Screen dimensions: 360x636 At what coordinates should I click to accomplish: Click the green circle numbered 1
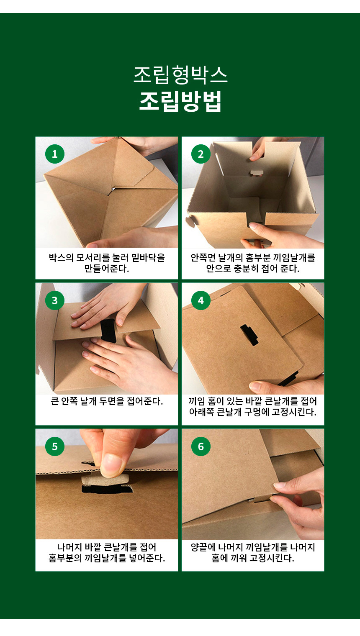[x=55, y=154]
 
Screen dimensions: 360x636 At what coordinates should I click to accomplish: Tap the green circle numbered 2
[x=201, y=154]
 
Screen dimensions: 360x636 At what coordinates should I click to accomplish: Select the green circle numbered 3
[x=55, y=300]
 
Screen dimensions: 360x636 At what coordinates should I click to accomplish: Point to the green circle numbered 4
[x=201, y=300]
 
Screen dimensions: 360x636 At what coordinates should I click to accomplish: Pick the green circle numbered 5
[x=55, y=446]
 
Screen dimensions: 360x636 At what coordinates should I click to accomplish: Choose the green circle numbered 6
[x=201, y=446]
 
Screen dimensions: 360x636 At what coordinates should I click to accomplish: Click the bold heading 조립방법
[x=180, y=101]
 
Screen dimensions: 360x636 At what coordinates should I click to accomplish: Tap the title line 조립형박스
[x=180, y=75]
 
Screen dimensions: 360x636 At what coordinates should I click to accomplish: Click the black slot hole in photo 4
[x=249, y=335]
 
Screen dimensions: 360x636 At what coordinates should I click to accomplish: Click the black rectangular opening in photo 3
[x=108, y=331]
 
